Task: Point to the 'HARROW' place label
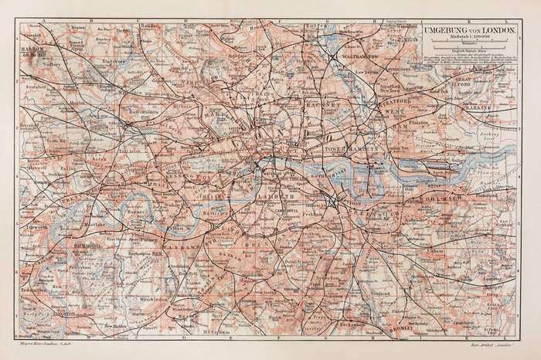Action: (x=34, y=49)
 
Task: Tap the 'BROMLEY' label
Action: (x=403, y=328)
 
